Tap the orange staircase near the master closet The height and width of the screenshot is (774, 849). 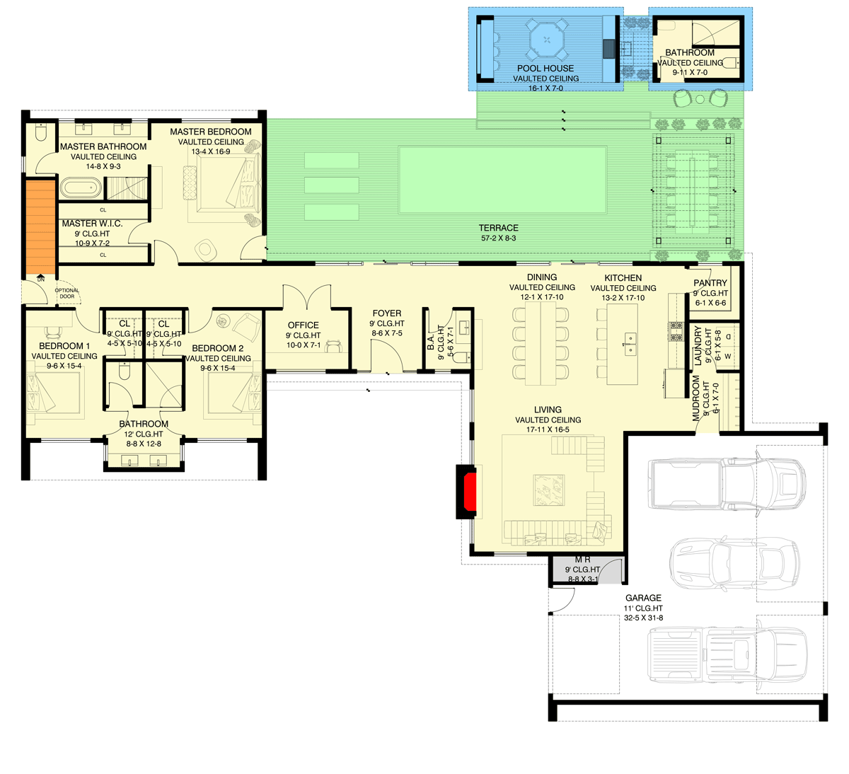point(40,226)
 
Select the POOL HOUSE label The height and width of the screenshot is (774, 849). point(545,69)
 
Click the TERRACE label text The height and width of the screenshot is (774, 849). point(498,228)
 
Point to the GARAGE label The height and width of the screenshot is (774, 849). point(643,598)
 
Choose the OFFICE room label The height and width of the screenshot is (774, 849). point(303,325)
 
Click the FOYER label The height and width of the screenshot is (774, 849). point(386,313)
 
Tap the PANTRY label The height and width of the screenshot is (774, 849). point(710,283)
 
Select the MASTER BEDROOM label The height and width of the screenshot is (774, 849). point(210,132)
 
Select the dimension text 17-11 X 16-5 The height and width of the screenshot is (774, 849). point(548,429)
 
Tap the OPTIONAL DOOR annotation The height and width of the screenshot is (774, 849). point(67,293)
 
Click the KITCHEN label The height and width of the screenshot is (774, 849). point(623,278)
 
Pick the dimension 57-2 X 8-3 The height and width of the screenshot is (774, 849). point(498,238)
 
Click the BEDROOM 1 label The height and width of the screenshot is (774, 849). point(64,346)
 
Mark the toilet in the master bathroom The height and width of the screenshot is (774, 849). point(40,132)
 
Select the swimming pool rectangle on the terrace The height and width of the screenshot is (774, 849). point(502,180)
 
